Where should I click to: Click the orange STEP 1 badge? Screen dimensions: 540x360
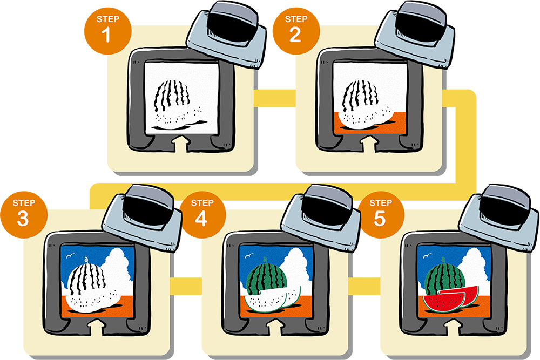(108, 30)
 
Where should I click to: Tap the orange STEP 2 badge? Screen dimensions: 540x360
(296, 30)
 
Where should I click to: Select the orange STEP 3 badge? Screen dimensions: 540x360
(24, 214)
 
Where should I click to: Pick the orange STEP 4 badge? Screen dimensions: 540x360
(202, 214)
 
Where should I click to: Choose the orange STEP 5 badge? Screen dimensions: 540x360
(381, 214)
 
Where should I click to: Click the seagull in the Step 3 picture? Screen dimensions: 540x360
(70, 256)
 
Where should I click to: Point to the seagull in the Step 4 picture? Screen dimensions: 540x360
(249, 256)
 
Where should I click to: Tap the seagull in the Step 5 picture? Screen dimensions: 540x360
(427, 256)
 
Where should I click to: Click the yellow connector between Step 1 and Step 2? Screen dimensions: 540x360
(275, 98)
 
